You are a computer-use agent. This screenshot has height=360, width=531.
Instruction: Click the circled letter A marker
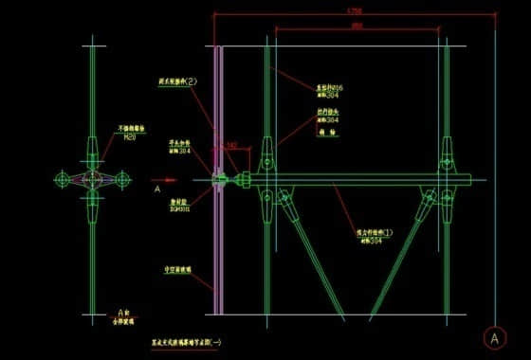pyautogui.click(x=494, y=336)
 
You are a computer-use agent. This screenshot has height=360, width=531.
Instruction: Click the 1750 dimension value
pyautogui.click(x=355, y=10)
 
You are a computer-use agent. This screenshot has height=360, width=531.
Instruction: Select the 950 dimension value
pyautogui.click(x=356, y=26)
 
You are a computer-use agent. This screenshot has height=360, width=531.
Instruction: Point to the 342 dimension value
pyautogui.click(x=231, y=145)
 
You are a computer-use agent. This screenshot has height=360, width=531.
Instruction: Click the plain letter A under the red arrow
pyautogui.click(x=156, y=189)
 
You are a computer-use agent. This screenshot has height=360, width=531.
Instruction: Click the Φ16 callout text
pyautogui.click(x=328, y=88)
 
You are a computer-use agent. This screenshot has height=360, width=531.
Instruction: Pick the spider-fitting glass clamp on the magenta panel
pyautogui.click(x=219, y=178)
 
